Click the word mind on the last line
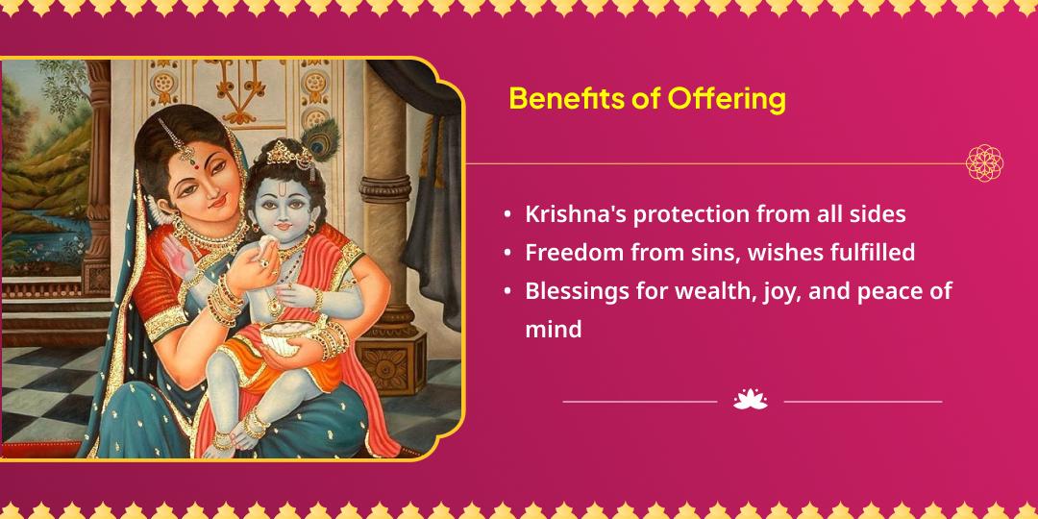pos(553,330)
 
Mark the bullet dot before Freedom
pos(507,254)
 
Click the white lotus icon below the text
pos(751,400)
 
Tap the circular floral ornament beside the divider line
pos(984,163)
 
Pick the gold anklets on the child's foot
pos(252,424)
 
